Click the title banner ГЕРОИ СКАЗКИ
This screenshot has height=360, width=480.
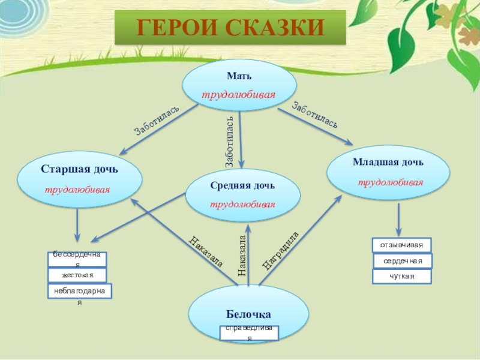[x=231, y=28]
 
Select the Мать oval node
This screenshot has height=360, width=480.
[x=239, y=86]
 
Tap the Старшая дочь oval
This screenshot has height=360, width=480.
[x=80, y=178]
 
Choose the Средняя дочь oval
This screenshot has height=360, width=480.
[x=242, y=194]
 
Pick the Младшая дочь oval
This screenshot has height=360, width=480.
[x=388, y=172]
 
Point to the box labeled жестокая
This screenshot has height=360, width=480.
[x=77, y=275]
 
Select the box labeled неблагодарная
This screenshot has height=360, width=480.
[x=79, y=292]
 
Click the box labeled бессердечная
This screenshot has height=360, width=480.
[x=77, y=259]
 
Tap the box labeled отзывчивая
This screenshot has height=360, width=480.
[x=401, y=245]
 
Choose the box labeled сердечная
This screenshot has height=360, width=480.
[x=403, y=261]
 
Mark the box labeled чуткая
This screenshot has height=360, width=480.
[x=401, y=277]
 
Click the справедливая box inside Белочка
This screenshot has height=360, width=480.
[x=249, y=332]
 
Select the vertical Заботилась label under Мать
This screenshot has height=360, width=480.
[x=229, y=142]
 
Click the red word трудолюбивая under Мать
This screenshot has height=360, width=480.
[x=238, y=95]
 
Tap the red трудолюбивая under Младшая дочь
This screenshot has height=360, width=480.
[x=391, y=182]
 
